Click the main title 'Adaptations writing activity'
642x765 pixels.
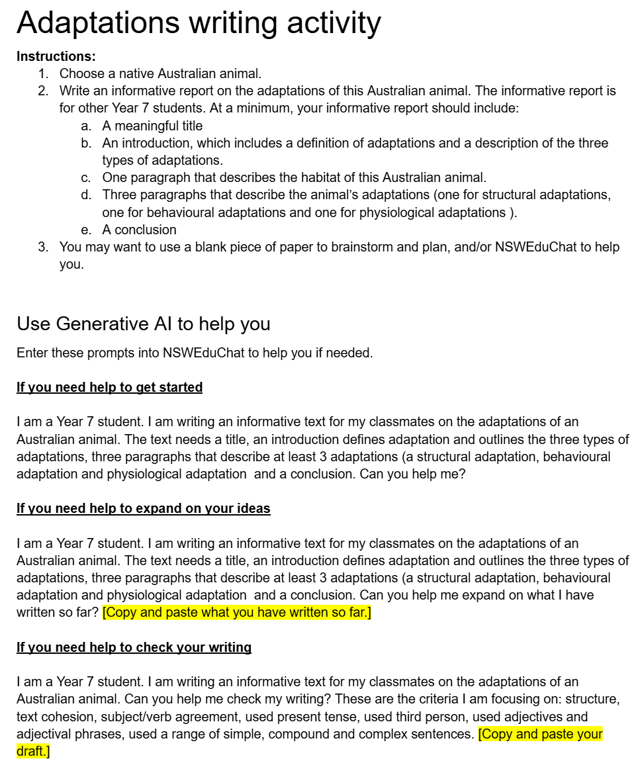pos(199,22)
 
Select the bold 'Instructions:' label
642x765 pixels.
pos(56,56)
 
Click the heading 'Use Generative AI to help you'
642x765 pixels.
pos(144,324)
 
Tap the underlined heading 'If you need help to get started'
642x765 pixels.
pos(109,387)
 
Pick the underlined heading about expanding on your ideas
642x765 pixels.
pos(144,508)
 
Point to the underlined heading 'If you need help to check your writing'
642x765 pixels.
pos(134,647)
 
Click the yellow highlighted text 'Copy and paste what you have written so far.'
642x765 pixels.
pos(237,612)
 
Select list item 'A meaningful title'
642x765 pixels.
pos(152,126)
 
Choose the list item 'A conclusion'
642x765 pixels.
pos(139,230)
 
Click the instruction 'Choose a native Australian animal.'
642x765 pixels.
pos(161,73)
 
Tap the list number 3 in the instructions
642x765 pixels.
pos(42,247)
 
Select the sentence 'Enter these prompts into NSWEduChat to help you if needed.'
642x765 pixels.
pos(195,353)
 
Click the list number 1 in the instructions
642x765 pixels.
pos(42,73)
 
